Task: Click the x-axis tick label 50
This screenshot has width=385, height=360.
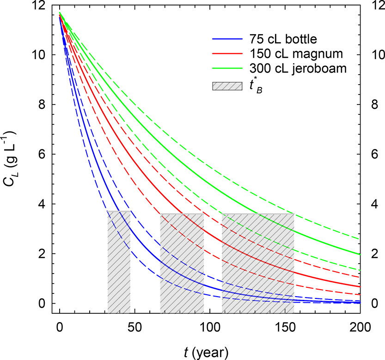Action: tap(135, 326)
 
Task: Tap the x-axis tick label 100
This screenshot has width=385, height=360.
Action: tap(210, 326)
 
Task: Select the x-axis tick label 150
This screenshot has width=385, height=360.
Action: tap(285, 326)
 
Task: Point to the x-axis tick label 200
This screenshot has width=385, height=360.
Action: tap(361, 326)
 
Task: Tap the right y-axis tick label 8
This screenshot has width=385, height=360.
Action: tap(375, 105)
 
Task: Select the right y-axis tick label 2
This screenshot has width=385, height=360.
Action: tap(375, 254)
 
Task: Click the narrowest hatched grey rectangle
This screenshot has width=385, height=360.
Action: tap(119, 262)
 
